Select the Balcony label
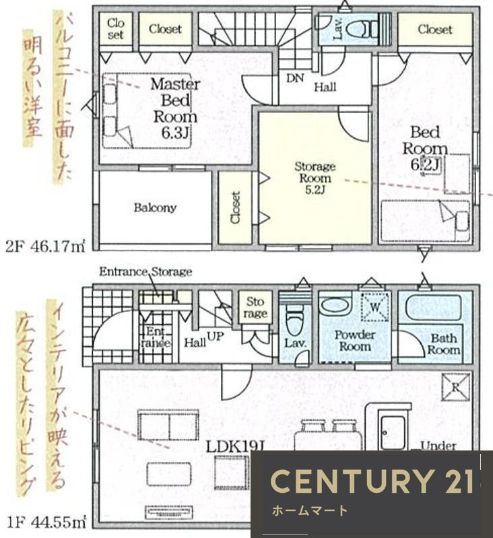tap(155, 207)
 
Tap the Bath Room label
tap(444, 344)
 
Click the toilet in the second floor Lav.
tap(367, 29)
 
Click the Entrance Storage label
tap(145, 272)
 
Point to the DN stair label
tap(295, 78)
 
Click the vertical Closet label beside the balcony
tap(235, 207)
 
